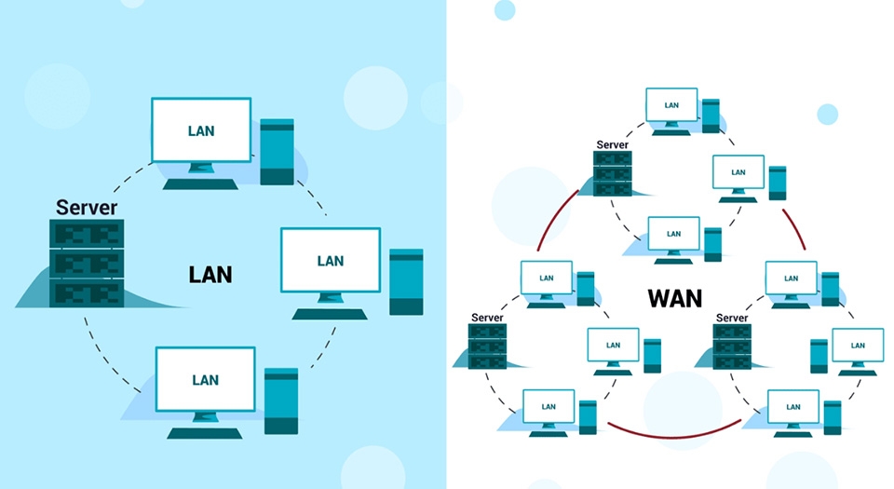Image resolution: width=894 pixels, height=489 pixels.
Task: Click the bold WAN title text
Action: click(675, 299)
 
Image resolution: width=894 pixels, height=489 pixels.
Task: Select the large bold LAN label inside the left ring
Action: click(210, 275)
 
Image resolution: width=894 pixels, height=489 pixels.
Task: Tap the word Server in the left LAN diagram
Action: click(87, 207)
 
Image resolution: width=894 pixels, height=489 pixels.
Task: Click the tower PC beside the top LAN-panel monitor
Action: click(277, 151)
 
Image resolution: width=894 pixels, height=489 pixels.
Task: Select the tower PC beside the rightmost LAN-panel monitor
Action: click(406, 281)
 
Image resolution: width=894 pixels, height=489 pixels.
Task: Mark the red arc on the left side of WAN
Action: click(558, 220)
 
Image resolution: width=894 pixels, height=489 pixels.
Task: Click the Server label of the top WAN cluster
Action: click(612, 144)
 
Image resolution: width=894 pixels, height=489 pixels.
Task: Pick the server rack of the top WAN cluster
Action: click(612, 173)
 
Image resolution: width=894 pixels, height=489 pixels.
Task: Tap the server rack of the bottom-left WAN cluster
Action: click(486, 346)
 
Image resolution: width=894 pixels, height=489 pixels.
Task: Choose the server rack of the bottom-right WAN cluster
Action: click(731, 346)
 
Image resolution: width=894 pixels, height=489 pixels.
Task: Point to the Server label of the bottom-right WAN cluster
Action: click(731, 318)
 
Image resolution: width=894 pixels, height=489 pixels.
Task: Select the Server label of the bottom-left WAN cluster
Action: click(486, 318)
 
